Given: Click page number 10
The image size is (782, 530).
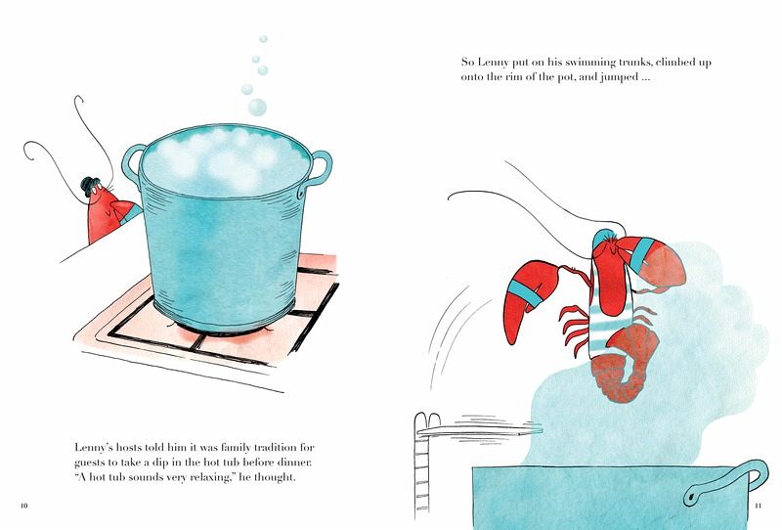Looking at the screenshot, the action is tap(23, 506).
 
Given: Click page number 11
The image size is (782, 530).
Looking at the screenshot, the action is tap(759, 506).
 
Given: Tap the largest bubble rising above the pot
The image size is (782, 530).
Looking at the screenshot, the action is tap(257, 108).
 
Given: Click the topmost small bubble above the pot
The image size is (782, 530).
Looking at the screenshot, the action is tap(263, 39).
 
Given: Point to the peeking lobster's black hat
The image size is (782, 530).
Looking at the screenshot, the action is tap(89, 186).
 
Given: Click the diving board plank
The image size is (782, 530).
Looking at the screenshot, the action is tap(480, 428).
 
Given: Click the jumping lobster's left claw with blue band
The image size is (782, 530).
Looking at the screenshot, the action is tap(528, 299).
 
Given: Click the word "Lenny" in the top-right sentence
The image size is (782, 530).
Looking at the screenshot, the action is tap(494, 63).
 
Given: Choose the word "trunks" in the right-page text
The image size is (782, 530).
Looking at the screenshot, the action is tap(634, 63).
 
